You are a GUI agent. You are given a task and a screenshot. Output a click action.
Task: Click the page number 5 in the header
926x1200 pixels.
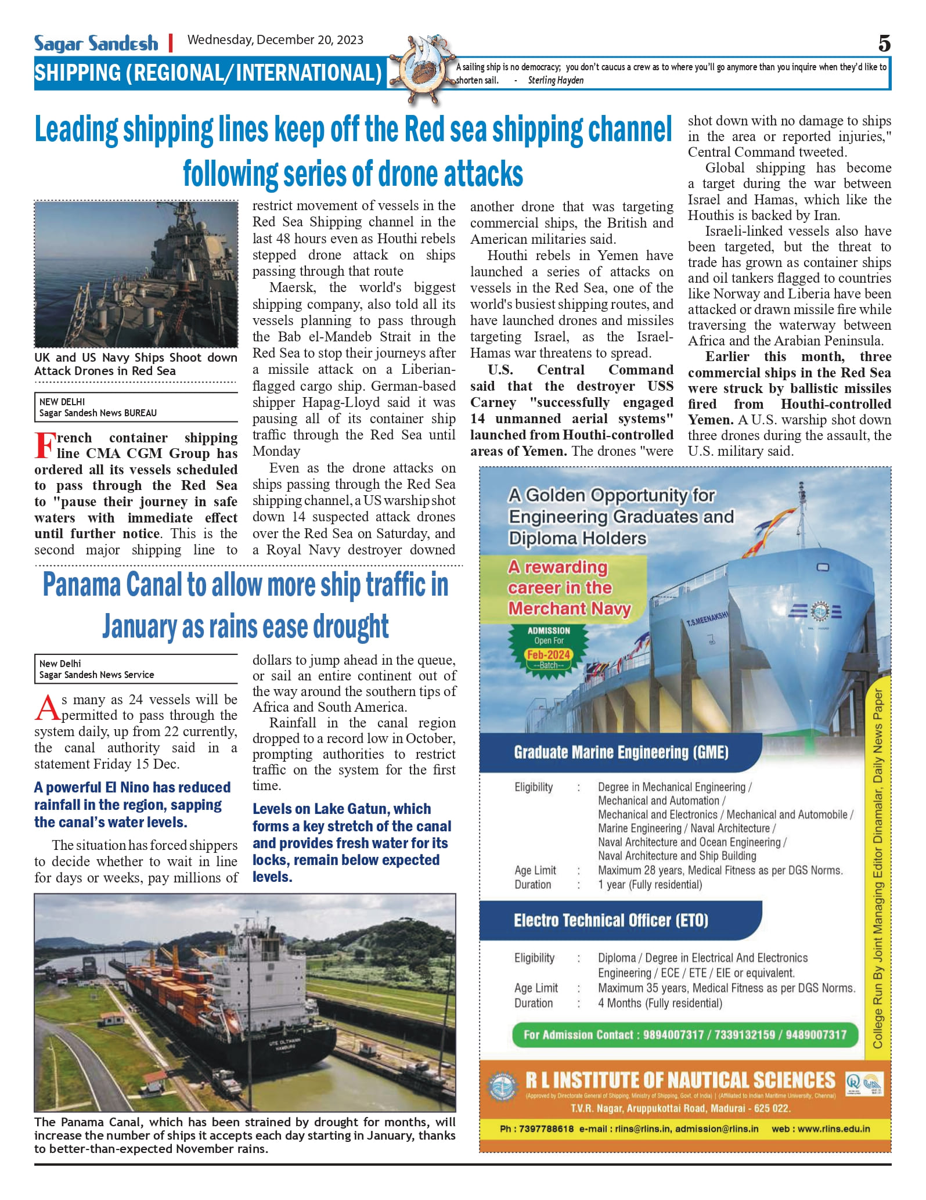tap(884, 44)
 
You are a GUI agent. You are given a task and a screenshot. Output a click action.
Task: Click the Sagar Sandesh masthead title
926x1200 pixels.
tap(96, 44)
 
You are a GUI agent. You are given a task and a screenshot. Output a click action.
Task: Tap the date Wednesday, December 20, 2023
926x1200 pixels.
tap(275, 40)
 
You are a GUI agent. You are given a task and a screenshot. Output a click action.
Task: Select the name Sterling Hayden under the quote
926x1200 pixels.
tap(556, 81)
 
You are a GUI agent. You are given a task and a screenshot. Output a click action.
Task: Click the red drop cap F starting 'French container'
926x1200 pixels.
tap(45, 445)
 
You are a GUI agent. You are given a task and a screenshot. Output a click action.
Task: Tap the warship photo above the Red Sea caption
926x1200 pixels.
tap(136, 274)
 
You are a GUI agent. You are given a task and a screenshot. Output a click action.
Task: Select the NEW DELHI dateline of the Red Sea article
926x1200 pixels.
tap(62, 402)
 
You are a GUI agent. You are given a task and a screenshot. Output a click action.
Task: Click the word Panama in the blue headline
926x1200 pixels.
tap(83, 585)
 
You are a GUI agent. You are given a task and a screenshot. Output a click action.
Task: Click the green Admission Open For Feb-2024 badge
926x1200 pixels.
tap(548, 648)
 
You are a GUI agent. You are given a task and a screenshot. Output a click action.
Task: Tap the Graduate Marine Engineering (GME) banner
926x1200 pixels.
tap(621, 752)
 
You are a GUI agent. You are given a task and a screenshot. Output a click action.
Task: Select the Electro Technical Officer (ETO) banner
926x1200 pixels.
tap(610, 920)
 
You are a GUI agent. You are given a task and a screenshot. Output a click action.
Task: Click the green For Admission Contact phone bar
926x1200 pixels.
tap(685, 1035)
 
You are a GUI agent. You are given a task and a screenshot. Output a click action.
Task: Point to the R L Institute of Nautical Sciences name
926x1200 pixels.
tap(680, 1080)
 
